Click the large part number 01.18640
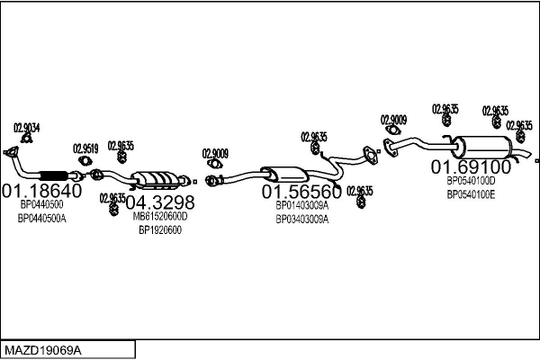click(x=42, y=191)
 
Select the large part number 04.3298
click(x=159, y=202)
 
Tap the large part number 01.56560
click(x=301, y=192)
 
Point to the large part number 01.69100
click(x=471, y=166)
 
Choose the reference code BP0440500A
click(x=42, y=219)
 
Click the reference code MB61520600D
click(x=159, y=216)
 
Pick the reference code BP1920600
click(x=159, y=229)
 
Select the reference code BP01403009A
click(x=301, y=205)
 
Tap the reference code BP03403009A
click(x=301, y=219)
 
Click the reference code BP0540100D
click(x=471, y=180)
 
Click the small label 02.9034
click(x=26, y=128)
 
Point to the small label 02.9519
click(x=85, y=148)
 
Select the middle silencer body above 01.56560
click(x=284, y=173)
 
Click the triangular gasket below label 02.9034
click(x=11, y=151)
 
